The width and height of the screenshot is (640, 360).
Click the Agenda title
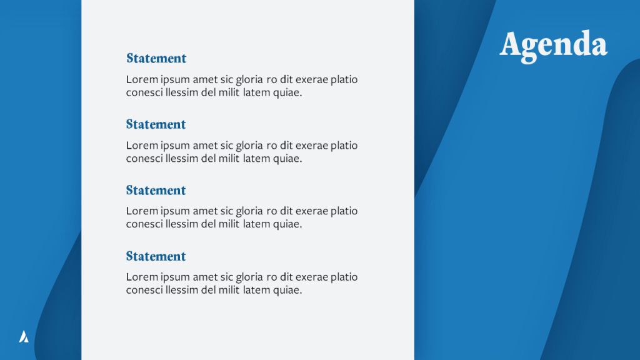coord(554,46)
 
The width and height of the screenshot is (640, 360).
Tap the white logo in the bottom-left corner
coord(24,336)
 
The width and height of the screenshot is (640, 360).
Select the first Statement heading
coord(156,58)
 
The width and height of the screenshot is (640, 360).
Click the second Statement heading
coord(156,124)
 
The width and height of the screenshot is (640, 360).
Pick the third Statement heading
coord(156,191)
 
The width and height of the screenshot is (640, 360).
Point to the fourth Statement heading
coord(156,256)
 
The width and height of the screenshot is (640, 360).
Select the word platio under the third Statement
coord(344,211)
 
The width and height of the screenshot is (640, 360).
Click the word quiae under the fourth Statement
coord(287,290)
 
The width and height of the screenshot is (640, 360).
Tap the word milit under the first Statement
coord(229,92)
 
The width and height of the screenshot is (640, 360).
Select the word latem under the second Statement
coord(256,158)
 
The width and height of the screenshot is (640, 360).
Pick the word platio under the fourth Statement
coord(344,277)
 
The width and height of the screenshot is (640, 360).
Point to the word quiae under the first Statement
coord(287,93)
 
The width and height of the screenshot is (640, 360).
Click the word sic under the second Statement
coord(226,146)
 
